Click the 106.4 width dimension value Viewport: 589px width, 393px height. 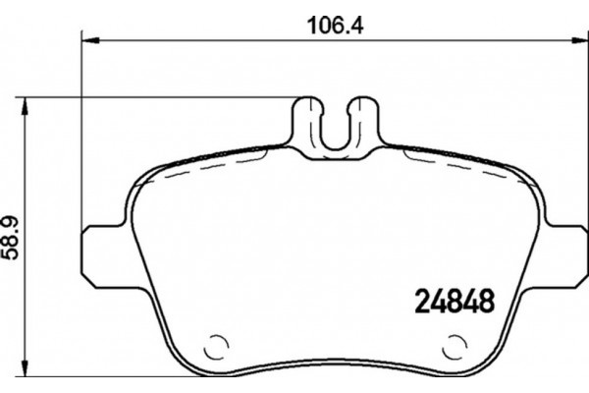point(324,27)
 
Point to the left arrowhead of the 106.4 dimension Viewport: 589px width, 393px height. point(86,40)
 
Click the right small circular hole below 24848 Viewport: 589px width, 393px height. point(455,348)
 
